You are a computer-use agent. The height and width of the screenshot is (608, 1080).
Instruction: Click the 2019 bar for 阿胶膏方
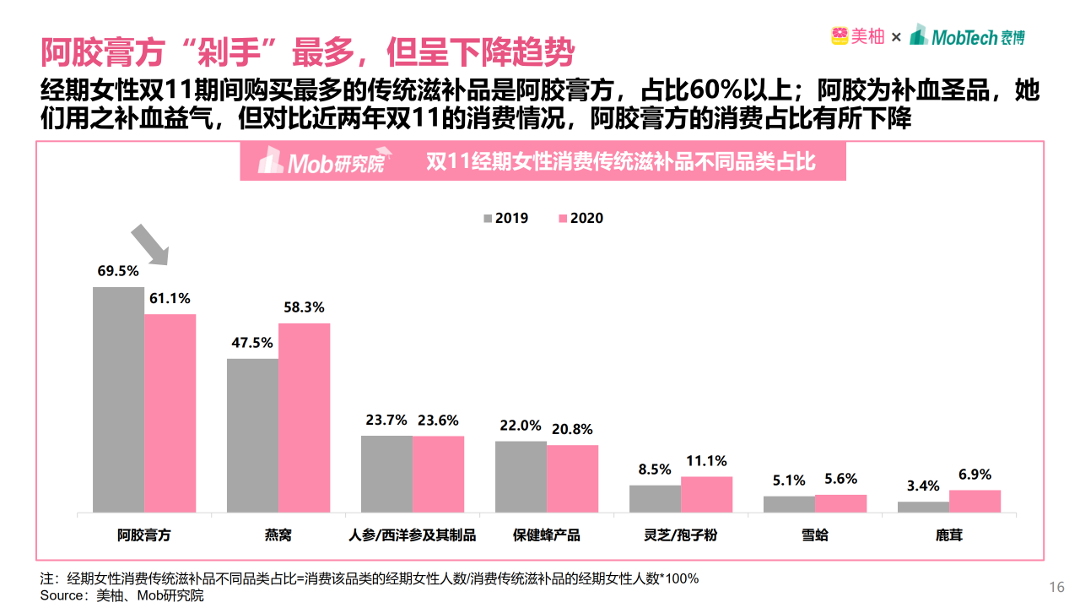coord(118,399)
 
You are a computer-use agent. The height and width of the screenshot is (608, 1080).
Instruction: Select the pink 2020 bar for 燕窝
coord(304,417)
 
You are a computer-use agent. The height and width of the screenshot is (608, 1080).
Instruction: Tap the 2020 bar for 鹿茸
coord(975,501)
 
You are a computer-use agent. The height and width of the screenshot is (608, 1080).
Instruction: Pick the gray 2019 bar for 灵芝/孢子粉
coord(655,498)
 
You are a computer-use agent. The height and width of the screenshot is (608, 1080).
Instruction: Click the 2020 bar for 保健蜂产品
coord(572,478)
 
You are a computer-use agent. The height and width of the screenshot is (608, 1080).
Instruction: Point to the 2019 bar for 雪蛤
coord(789,504)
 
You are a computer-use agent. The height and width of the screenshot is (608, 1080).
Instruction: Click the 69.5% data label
coord(118,272)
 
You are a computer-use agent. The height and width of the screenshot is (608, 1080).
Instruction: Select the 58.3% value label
coord(304,308)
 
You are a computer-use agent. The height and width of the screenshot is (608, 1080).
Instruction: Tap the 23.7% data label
coord(386,421)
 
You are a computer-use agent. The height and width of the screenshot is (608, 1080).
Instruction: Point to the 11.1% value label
coord(706,461)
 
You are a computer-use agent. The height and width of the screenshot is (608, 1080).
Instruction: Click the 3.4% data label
coord(923,486)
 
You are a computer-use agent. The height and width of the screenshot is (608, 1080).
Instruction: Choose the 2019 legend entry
coord(505,218)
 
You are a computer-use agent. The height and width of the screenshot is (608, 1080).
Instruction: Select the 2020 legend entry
coord(580,218)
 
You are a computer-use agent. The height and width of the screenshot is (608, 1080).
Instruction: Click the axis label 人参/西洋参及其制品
coord(413,535)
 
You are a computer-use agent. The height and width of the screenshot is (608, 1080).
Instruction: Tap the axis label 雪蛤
coord(815,535)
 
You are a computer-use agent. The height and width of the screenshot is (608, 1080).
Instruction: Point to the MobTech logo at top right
coord(968,36)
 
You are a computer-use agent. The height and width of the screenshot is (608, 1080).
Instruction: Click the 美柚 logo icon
coord(839,36)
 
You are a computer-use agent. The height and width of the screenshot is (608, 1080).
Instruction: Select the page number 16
coord(1056,588)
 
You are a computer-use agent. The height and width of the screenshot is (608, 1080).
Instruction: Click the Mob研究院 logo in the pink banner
coord(321,161)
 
